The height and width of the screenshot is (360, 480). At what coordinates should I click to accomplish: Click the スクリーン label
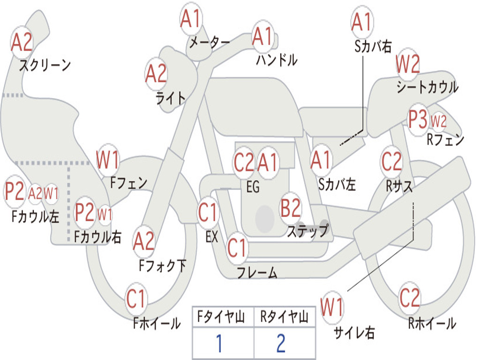pyautogui.click(x=45, y=65)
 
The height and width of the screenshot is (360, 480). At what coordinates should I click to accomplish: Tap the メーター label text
pyautogui.click(x=210, y=42)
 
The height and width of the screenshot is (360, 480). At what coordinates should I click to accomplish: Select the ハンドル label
pyautogui.click(x=277, y=60)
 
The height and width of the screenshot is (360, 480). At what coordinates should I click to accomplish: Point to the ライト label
pyautogui.click(x=171, y=98)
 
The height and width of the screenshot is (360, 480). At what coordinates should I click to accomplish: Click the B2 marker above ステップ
pyautogui.click(x=291, y=208)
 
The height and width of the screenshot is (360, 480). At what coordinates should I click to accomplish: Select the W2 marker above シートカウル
pyautogui.click(x=407, y=64)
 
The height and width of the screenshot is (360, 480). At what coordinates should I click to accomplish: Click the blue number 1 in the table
pyautogui.click(x=219, y=343)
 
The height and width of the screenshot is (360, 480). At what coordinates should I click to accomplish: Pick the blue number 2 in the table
pyautogui.click(x=281, y=343)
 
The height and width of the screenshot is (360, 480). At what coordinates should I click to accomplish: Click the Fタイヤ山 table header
pyautogui.click(x=221, y=316)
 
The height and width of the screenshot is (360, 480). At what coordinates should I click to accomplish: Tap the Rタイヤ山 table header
pyautogui.click(x=285, y=316)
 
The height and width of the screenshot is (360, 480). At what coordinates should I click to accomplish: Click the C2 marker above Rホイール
pyautogui.click(x=410, y=298)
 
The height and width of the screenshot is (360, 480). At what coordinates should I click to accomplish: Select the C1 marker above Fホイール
pyautogui.click(x=136, y=299)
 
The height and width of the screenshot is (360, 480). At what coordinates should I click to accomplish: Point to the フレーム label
pyautogui.click(x=257, y=272)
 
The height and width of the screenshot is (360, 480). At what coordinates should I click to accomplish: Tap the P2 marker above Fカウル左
pyautogui.click(x=15, y=191)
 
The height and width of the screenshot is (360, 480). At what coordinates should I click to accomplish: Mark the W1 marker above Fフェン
pyautogui.click(x=107, y=159)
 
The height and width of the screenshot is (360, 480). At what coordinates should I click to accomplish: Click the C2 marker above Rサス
pyautogui.click(x=391, y=161)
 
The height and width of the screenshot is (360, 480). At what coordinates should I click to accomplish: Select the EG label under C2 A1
pyautogui.click(x=253, y=187)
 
